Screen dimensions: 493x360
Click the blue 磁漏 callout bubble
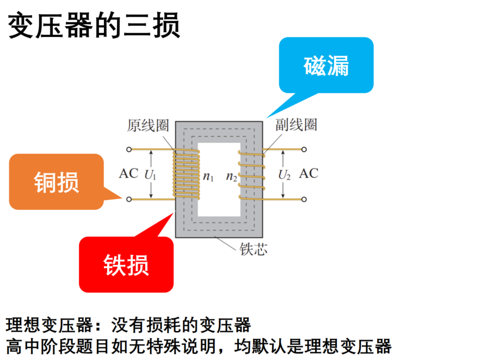[x=326, y=65]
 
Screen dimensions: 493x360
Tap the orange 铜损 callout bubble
[x=57, y=182]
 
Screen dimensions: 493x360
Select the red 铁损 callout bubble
[x=126, y=264]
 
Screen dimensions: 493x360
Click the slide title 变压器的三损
[x=94, y=25]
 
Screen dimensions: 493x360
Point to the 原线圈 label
[x=148, y=125]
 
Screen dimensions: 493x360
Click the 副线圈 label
[x=296, y=125]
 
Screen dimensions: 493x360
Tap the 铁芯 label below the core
[x=254, y=249]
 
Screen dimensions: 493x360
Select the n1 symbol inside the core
[x=208, y=177]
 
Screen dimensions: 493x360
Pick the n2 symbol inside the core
[x=231, y=177]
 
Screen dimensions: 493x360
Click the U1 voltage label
[x=150, y=175]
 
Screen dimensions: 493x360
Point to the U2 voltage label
[x=285, y=175]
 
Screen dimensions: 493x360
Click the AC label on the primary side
[x=128, y=173]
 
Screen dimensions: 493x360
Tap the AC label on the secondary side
[x=309, y=173]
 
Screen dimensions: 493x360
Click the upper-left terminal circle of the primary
[x=129, y=150]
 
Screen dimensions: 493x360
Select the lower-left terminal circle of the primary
[x=129, y=199]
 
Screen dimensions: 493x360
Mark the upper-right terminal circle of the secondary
[x=304, y=150]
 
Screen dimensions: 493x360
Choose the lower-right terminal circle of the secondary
[x=304, y=199]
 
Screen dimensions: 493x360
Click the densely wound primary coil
[x=186, y=175]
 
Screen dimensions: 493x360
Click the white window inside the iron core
[x=219, y=179]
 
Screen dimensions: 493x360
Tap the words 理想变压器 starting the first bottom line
[x=49, y=325]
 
